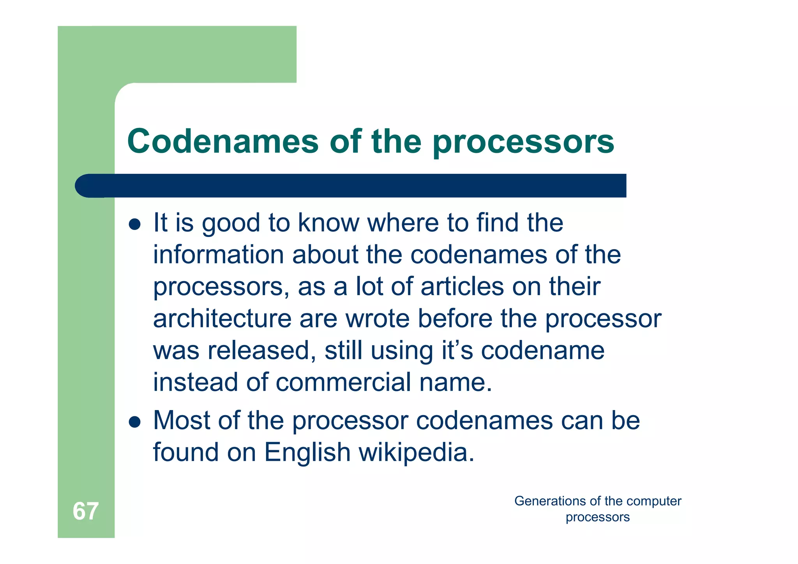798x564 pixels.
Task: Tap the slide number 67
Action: tap(85, 511)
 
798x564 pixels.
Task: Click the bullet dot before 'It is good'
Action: tap(134, 224)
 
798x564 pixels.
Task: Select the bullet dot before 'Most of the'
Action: tap(134, 421)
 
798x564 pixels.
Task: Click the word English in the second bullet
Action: tap(307, 453)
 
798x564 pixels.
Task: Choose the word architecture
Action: tap(222, 319)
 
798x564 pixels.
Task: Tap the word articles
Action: tap(462, 286)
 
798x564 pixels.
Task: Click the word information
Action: tap(218, 255)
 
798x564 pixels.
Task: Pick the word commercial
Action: tap(343, 382)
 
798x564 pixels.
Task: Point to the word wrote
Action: tap(378, 319)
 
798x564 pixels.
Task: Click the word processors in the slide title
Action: tap(523, 142)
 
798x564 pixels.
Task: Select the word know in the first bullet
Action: tap(328, 223)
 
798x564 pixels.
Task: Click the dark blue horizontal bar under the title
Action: tap(351, 186)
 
